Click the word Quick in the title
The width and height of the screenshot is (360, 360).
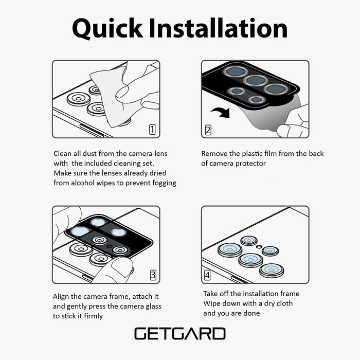pyautogui.click(x=107, y=28)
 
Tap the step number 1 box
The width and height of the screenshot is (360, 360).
pyautogui.click(x=152, y=130)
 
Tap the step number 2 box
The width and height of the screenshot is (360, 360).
pyautogui.click(x=208, y=130)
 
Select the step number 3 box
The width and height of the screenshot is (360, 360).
pyautogui.click(x=153, y=275)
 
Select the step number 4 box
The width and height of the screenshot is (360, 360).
pyautogui.click(x=207, y=275)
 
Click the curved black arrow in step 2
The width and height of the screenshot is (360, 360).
pyautogui.click(x=221, y=112)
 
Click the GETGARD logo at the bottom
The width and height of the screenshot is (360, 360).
pyautogui.click(x=180, y=334)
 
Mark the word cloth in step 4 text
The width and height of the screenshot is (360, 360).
pyautogui.click(x=284, y=303)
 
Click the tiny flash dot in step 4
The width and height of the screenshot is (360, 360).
pyautogui.click(x=259, y=247)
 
